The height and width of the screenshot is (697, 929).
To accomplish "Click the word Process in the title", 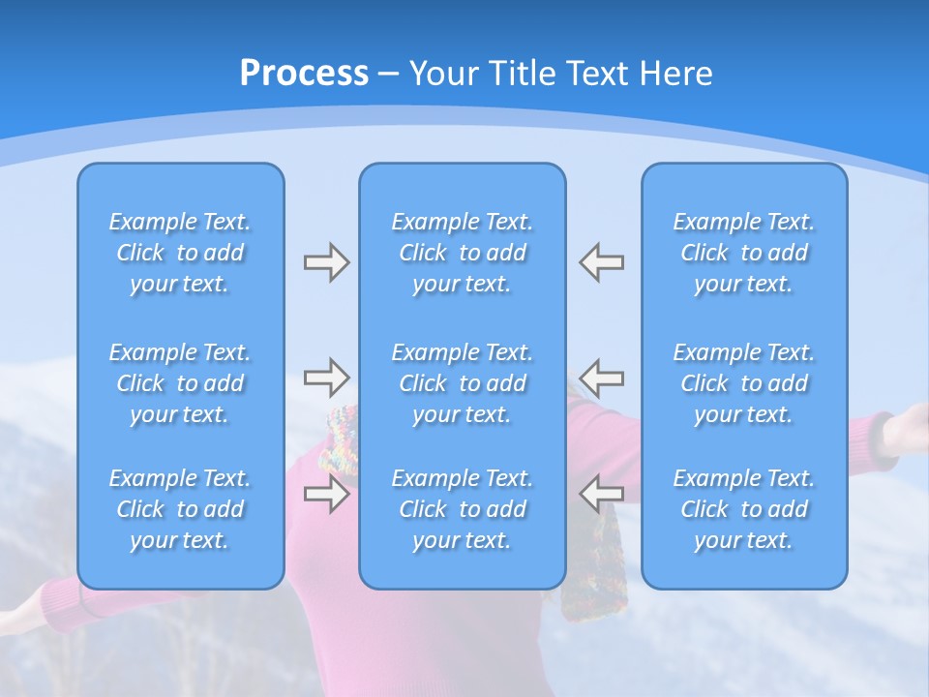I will tap(304, 74).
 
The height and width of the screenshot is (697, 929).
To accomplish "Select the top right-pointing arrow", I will tap(326, 262).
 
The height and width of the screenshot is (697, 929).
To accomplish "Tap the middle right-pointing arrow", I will tap(326, 377).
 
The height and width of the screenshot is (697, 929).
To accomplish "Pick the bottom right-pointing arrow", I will tap(326, 494).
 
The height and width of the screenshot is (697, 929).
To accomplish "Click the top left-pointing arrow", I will tap(602, 262).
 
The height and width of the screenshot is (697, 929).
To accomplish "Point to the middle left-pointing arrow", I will tap(602, 377).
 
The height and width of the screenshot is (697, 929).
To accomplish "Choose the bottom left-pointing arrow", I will tap(602, 494).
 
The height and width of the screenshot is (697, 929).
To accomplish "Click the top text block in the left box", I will tap(180, 253).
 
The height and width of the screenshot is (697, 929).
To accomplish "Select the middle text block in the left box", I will tap(180, 383).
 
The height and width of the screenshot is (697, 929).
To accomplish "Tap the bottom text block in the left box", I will tap(180, 509).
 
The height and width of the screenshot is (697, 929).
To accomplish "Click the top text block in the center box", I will tap(463, 253).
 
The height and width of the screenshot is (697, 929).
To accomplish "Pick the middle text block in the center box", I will tap(463, 383).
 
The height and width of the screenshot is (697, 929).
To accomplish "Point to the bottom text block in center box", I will tap(463, 509).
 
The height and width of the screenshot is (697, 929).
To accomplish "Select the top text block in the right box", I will tap(744, 253).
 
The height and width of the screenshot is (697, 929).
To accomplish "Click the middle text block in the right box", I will tap(744, 383).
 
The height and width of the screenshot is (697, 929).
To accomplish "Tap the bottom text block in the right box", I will tap(744, 509).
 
